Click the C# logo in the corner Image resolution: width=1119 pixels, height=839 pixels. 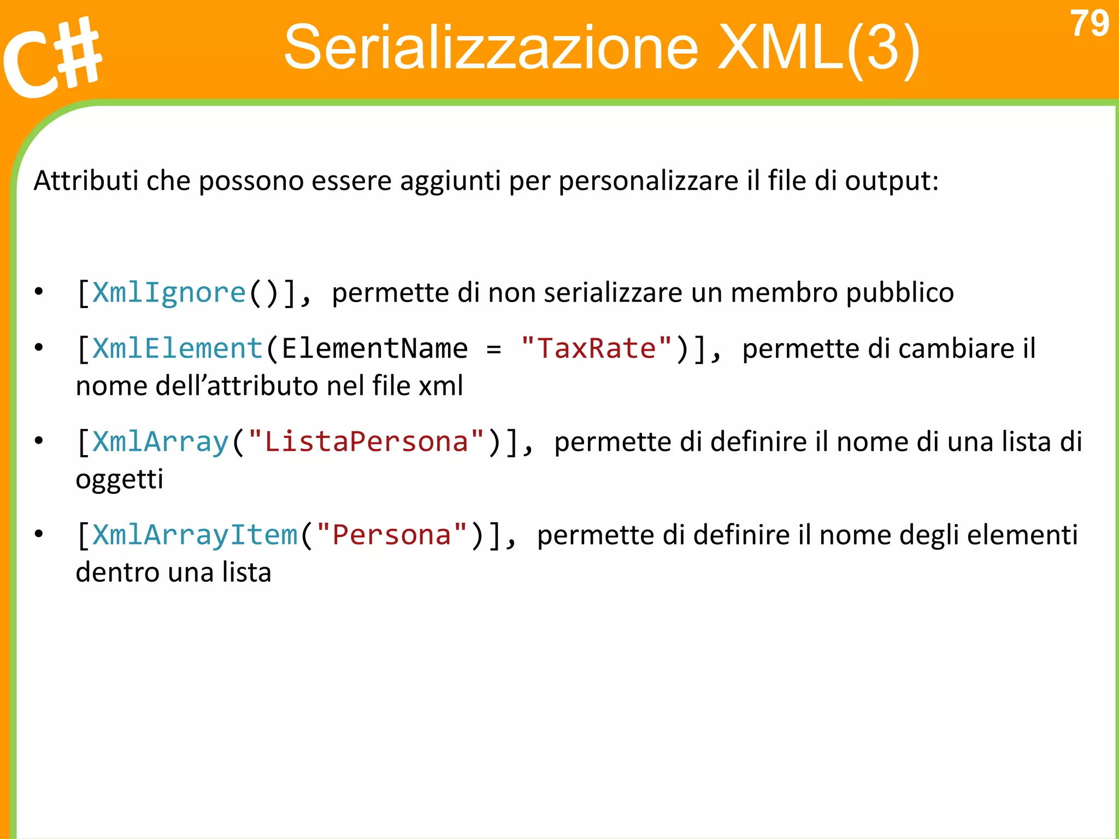52,57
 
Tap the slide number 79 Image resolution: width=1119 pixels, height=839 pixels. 1089,24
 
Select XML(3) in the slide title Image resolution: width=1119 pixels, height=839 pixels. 818,48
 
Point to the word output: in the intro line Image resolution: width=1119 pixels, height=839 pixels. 892,181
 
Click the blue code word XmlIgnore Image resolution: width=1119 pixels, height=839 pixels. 169,293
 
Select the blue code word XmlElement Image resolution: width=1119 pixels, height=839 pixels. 178,348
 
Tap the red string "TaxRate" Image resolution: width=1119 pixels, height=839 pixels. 596,348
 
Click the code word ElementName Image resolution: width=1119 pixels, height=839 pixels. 375,348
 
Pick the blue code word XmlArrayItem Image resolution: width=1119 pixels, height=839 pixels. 195,535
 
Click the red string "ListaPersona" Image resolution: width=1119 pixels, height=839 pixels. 366,441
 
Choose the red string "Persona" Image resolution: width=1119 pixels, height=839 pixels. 391,535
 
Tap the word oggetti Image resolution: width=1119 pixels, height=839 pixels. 119,480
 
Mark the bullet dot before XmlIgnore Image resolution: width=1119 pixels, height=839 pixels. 38,292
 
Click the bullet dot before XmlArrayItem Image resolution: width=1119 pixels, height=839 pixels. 38,534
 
